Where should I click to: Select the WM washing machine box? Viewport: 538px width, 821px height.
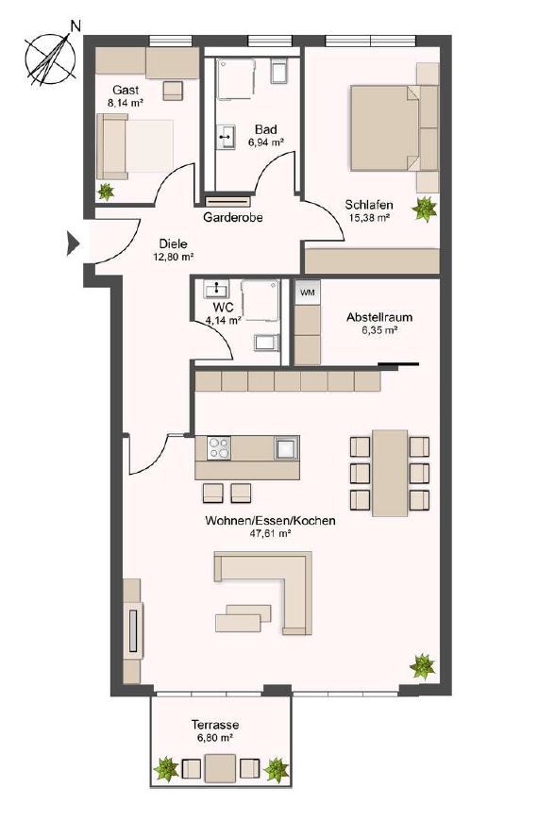tap(307, 293)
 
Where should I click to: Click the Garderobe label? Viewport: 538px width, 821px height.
tap(232, 217)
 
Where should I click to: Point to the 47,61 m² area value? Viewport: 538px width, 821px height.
tap(269, 533)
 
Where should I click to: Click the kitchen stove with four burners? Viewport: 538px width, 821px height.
tap(219, 447)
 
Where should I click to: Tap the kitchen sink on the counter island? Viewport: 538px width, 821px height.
tap(285, 447)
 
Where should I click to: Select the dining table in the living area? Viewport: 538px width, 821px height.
tap(389, 473)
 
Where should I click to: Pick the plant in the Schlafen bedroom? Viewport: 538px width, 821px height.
tap(426, 206)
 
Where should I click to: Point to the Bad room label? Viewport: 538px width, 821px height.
tap(265, 129)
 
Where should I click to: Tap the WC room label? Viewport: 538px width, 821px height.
tap(223, 308)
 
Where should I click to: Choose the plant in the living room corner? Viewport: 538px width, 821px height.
tap(421, 666)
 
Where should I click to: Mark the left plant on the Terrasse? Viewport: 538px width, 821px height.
tap(166, 769)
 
